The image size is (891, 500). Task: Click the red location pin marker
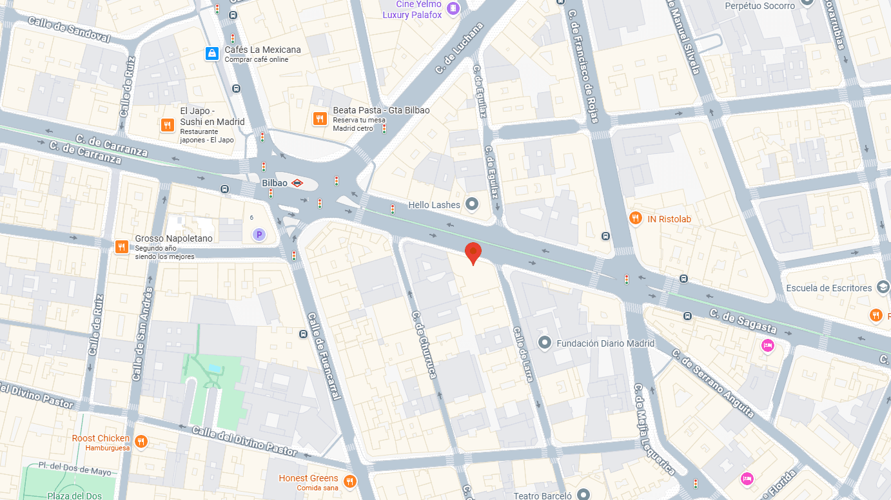pos(473,253)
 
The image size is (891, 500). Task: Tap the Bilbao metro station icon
pos(297,183)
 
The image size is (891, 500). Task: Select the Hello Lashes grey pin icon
pos(472,205)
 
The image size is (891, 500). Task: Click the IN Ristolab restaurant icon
pos(636,219)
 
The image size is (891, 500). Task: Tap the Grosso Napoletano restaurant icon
pos(121,246)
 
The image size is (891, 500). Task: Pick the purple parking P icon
pos(259,235)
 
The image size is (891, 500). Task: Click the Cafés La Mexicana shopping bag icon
pos(211,53)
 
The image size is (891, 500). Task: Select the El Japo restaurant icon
pos(167,125)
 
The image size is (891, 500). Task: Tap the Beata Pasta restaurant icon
pos(319,119)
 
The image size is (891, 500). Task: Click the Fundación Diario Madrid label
pos(605,343)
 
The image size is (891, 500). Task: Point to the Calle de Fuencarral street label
pos(324,356)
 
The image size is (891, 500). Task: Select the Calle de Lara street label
pos(524,354)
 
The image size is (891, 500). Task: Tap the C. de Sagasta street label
pos(743,321)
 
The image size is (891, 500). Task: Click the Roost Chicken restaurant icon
pos(141,441)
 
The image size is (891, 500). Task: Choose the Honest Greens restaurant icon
pos(350,481)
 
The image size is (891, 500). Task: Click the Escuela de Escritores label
pos(828,288)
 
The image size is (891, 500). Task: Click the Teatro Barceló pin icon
pos(583,495)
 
